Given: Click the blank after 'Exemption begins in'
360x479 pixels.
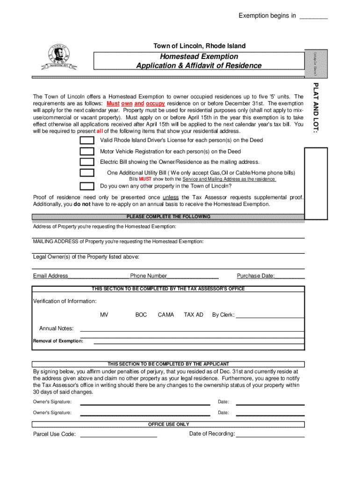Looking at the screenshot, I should pyautogui.click(x=313, y=17).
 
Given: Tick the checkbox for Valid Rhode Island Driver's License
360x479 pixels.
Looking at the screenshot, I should pyautogui.click(x=86, y=141).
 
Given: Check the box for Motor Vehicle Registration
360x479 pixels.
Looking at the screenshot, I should pyautogui.click(x=86, y=152).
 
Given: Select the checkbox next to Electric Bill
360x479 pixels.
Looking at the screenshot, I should pyautogui.click(x=86, y=162).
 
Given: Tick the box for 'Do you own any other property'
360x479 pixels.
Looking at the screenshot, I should pyautogui.click(x=86, y=186).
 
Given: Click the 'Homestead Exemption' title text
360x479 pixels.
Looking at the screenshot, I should pyautogui.click(x=199, y=57).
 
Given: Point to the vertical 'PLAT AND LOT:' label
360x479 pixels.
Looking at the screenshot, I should pyautogui.click(x=316, y=108).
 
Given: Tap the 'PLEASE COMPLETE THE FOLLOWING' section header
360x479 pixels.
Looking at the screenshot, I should pyautogui.click(x=168, y=217).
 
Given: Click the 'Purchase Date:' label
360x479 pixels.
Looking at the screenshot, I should pyautogui.click(x=255, y=276).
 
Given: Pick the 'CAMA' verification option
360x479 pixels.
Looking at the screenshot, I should pyautogui.click(x=166, y=315).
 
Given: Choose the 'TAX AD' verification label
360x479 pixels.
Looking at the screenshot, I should pyautogui.click(x=194, y=315).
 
